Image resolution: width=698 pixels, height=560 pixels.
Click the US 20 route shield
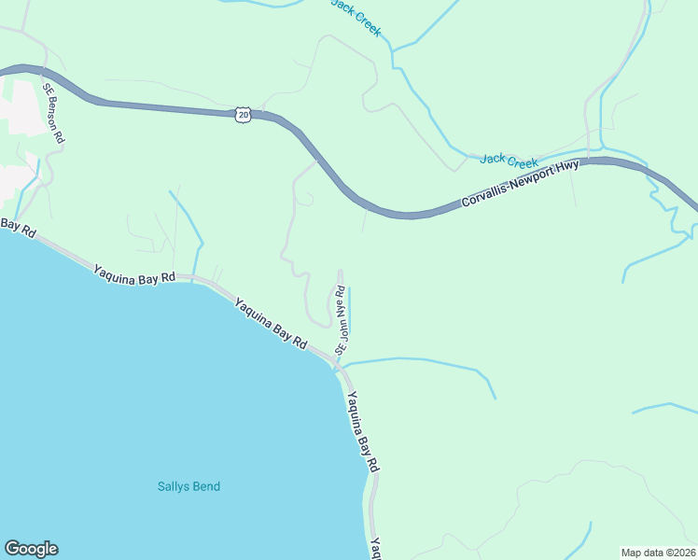pos(243,114)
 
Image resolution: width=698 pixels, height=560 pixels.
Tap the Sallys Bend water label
pos(188,486)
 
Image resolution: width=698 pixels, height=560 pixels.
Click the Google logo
pos(31,549)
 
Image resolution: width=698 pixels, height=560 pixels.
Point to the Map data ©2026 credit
pos(657,552)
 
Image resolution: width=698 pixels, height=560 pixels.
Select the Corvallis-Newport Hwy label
pos(521,183)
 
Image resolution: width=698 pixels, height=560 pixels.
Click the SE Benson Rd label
pos(52,112)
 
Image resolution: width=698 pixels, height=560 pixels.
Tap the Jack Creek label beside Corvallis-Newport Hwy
pos(509,161)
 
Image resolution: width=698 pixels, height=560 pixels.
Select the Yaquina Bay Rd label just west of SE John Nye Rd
pos(271,323)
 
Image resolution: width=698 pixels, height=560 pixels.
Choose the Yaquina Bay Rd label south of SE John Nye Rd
pos(363,430)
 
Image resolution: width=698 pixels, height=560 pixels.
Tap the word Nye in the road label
pos(342,315)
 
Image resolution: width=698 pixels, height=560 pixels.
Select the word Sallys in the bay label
pos(172,486)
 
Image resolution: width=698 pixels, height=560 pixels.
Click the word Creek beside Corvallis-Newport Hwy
pos(523,161)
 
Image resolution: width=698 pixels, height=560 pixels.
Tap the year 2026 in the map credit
pos(680,552)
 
